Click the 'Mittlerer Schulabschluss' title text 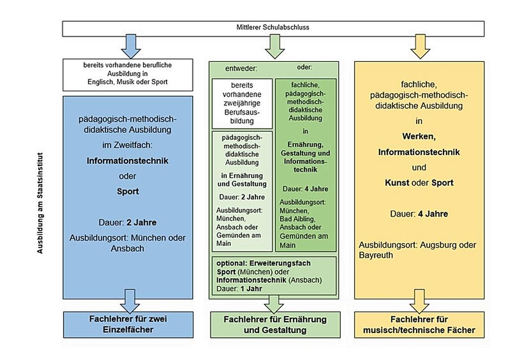[x=272, y=27]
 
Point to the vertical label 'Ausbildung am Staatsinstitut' [x=41, y=203]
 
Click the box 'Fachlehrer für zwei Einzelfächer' [x=128, y=324]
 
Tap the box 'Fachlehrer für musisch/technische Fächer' [x=419, y=325]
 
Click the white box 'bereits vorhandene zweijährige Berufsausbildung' [x=242, y=103]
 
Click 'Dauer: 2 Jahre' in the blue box [x=127, y=222]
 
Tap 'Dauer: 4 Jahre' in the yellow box [x=419, y=214]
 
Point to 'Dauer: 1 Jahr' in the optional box [x=238, y=289]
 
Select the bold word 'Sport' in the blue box [x=127, y=191]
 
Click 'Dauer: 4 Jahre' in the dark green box [x=305, y=189]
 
